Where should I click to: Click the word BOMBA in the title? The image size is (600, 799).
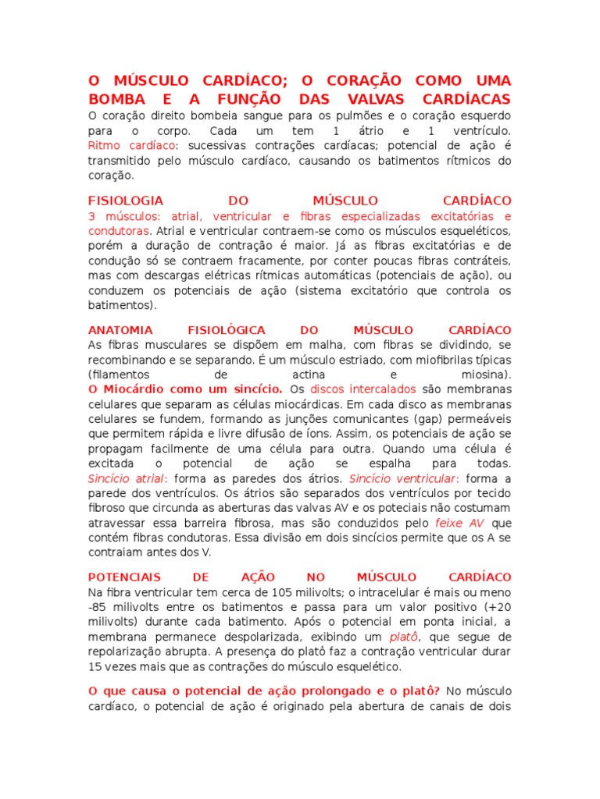(x=112, y=99)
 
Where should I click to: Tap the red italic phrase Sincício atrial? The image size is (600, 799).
(x=127, y=478)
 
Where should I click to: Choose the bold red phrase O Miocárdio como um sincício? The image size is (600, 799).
(x=186, y=389)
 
